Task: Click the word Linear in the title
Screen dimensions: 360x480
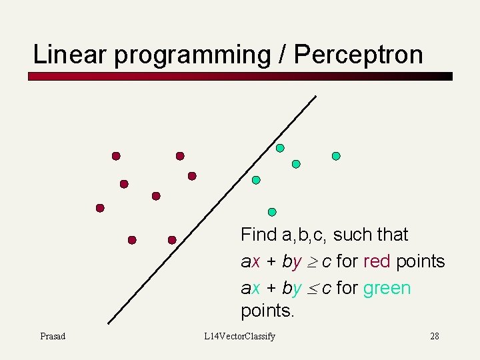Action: click(x=71, y=55)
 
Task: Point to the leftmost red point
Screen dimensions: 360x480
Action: click(x=100, y=208)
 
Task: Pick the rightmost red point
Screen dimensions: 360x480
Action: click(x=192, y=176)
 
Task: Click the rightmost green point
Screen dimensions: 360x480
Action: click(x=336, y=156)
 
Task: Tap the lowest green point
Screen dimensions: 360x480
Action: click(x=272, y=212)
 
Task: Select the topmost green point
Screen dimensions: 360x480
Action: click(x=280, y=148)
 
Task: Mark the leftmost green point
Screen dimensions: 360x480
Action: click(x=256, y=180)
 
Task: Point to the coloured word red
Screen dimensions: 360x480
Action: click(x=377, y=261)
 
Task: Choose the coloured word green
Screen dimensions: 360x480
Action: click(x=387, y=288)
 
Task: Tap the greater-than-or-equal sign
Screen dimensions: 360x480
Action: click(x=312, y=262)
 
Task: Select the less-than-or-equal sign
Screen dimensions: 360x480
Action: click(x=312, y=289)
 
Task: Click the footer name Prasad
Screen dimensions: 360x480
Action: click(x=53, y=336)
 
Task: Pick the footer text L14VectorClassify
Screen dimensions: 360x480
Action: click(x=239, y=336)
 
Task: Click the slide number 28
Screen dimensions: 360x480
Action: click(x=434, y=336)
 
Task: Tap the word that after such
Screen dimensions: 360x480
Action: click(x=392, y=235)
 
